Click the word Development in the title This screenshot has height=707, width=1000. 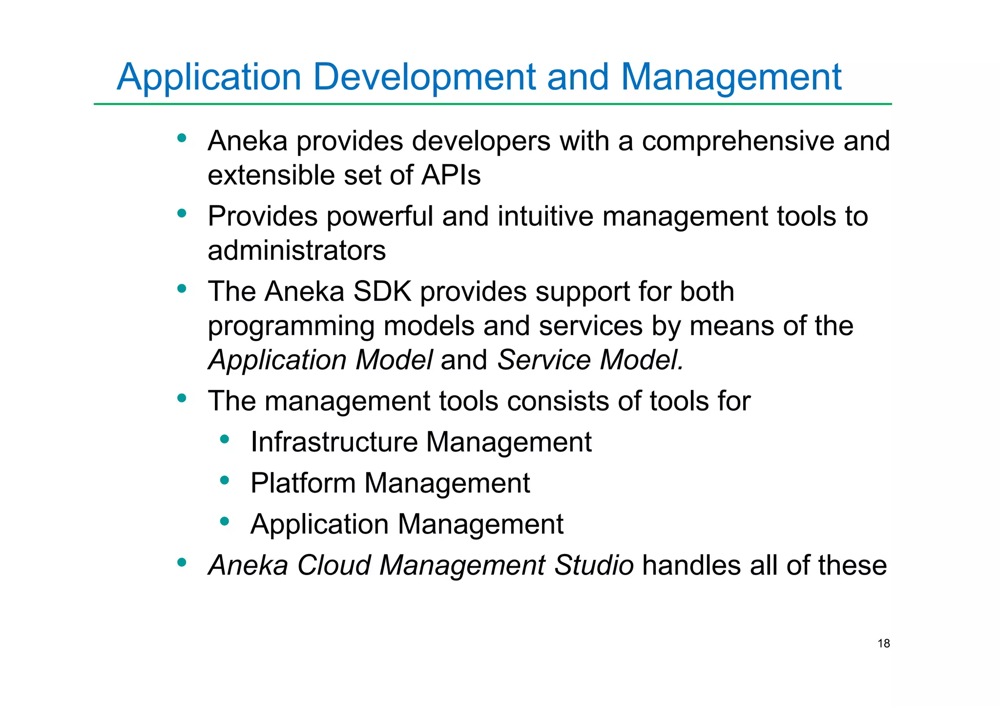[424, 77]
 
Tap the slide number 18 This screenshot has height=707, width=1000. [884, 643]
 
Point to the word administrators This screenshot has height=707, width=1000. [296, 251]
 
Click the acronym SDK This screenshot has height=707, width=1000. [382, 292]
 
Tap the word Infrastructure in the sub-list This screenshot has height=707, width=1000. [334, 442]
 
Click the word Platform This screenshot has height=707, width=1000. [303, 483]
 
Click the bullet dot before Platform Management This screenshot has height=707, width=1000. [225, 481]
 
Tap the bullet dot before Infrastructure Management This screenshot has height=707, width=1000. [225, 440]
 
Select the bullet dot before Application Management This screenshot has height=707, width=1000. [225, 522]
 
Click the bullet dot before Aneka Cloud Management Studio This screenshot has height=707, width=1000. [182, 563]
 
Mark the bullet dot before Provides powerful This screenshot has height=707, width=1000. [182, 214]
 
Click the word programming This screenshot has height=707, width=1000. [291, 326]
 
